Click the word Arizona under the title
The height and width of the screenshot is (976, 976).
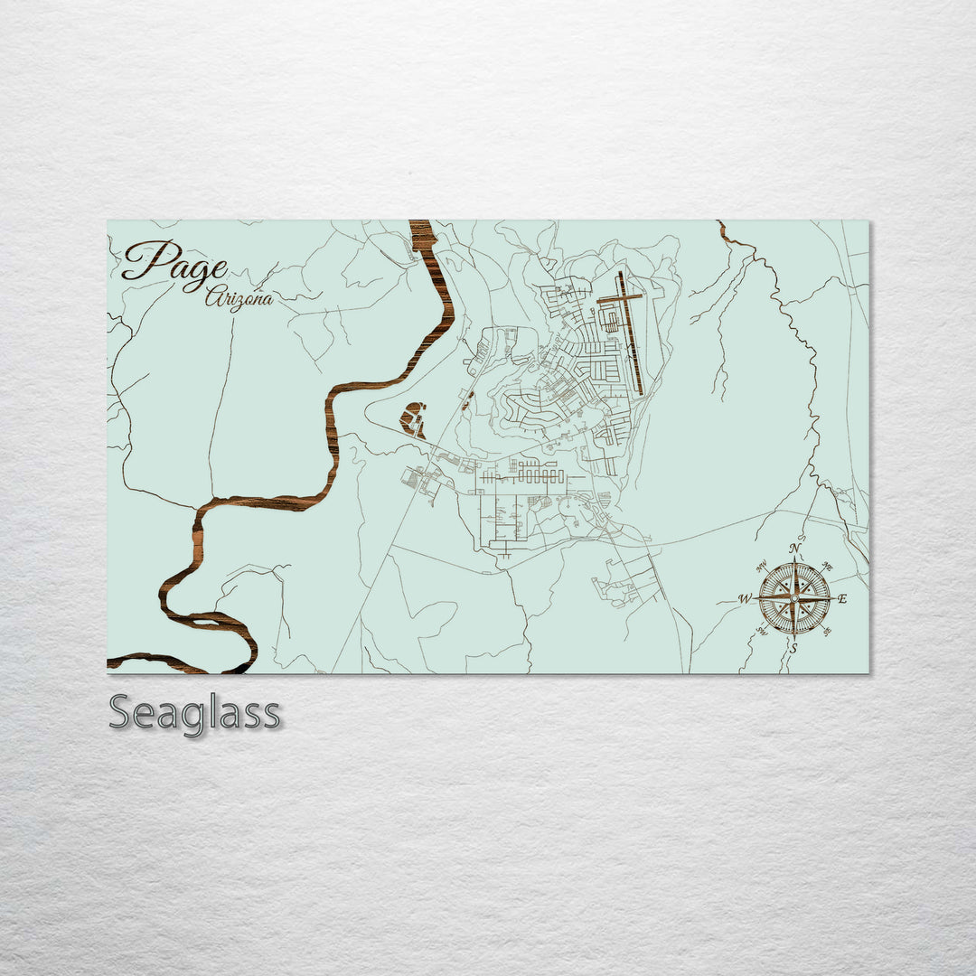pos(239,297)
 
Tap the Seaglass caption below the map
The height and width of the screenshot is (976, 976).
pos(194,713)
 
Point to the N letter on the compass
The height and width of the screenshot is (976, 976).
pos(794,549)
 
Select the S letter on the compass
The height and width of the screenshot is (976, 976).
pos(793,647)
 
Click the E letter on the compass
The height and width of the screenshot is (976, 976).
pos(842,598)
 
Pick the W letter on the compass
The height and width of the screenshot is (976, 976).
pos(745,598)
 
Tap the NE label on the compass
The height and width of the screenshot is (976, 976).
pos(829,568)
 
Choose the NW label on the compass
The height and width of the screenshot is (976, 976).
pos(760,567)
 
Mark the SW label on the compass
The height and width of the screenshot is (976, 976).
pos(761,630)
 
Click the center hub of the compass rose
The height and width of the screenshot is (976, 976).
pos(794,597)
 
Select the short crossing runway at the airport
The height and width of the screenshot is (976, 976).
pos(620,299)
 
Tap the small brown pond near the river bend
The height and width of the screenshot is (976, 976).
pos(413,420)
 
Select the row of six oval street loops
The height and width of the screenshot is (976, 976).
pos(539,475)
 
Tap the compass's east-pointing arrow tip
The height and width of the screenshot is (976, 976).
pos(831,597)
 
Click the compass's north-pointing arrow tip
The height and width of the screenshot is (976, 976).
pos(794,562)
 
